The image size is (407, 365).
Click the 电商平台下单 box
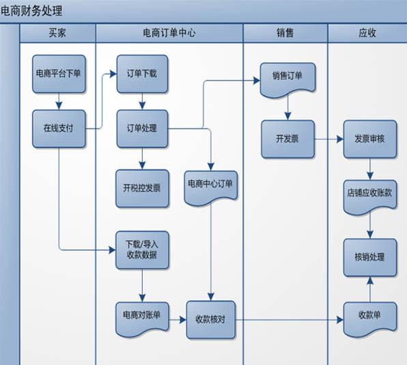(x=59, y=74)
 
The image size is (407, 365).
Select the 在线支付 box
(x=59, y=128)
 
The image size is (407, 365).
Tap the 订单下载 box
(x=142, y=74)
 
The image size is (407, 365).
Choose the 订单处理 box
(x=142, y=128)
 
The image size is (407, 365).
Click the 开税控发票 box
(x=142, y=188)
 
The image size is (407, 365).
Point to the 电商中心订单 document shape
(x=211, y=188)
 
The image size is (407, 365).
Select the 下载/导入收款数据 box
(x=142, y=250)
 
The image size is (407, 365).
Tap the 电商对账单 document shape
(x=142, y=319)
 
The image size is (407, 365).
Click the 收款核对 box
(x=211, y=320)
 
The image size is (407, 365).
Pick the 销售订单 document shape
(x=288, y=80)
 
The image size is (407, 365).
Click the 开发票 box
(x=288, y=139)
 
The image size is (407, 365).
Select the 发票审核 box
(x=370, y=139)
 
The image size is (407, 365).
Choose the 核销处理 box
(x=370, y=258)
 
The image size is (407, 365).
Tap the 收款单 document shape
(x=370, y=319)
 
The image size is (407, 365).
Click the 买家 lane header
(x=57, y=33)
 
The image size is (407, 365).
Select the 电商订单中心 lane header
(x=169, y=33)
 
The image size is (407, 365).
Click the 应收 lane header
(x=367, y=33)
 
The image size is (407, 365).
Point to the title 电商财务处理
(x=31, y=11)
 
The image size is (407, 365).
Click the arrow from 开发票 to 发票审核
(x=329, y=139)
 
